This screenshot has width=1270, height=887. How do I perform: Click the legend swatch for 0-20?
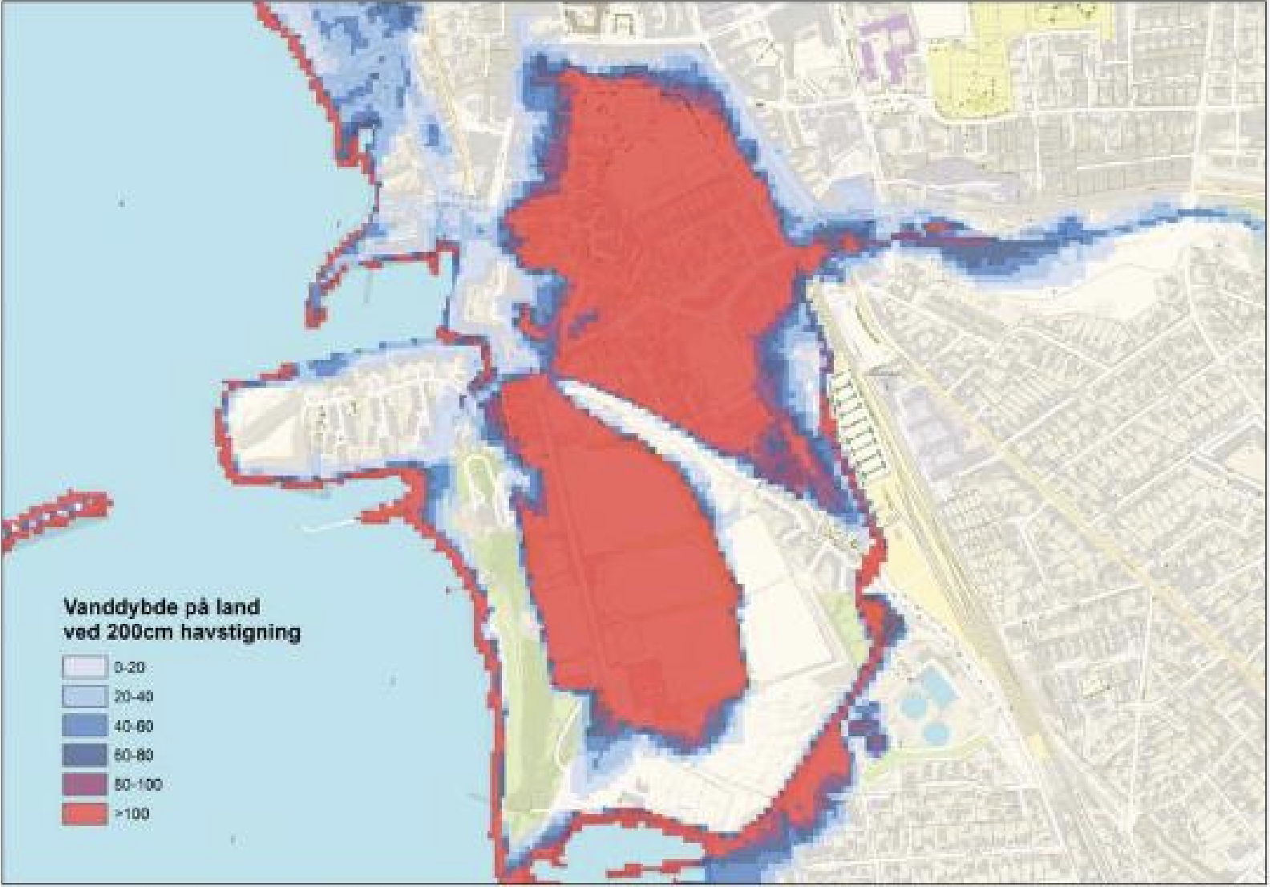[x=84, y=666]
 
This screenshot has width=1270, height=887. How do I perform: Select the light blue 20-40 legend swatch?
[x=84, y=696]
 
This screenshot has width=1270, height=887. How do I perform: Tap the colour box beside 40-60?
[x=84, y=726]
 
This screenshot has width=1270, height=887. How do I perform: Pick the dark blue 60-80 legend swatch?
[x=84, y=755]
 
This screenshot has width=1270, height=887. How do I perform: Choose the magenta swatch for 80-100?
[x=84, y=784]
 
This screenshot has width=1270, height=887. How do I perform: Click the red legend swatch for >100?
[x=84, y=813]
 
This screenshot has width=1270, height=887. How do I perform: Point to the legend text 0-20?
[x=129, y=667]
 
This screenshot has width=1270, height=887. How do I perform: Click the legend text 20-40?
[x=133, y=697]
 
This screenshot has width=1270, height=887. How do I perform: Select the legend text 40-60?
[x=133, y=727]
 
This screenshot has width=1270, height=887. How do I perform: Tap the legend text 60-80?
[x=133, y=755]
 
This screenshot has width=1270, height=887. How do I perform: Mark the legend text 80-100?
[x=136, y=784]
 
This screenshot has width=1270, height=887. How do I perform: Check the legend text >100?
[x=131, y=814]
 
